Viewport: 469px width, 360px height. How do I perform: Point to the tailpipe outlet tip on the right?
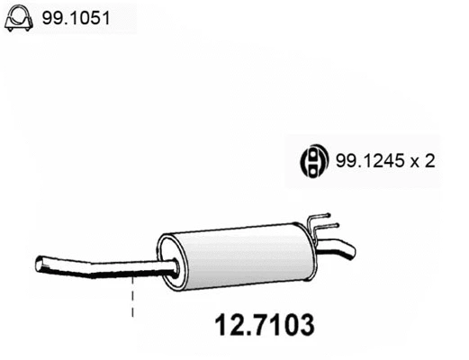pos(351,249)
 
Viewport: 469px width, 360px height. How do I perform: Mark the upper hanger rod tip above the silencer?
pos(334,217)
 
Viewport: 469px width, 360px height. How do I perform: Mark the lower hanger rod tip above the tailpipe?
pos(337,226)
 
